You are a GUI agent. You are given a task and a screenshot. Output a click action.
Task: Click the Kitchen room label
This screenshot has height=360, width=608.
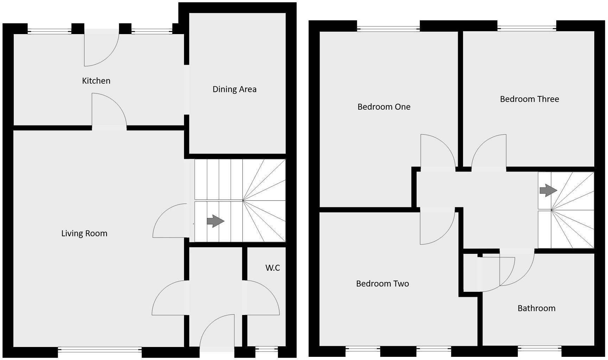[96, 81]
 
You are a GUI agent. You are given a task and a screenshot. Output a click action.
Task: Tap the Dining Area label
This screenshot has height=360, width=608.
[234, 89]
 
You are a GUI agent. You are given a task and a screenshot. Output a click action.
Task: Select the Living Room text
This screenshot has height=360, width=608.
[84, 233]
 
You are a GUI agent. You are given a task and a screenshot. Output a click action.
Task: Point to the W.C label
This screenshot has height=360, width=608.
[273, 268]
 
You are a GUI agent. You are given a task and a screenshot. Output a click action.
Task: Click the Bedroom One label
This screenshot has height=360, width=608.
[384, 107]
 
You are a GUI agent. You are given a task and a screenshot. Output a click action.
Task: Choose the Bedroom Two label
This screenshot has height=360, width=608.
[382, 284]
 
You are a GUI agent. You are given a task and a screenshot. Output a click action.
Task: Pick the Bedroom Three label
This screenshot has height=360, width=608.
[529, 99]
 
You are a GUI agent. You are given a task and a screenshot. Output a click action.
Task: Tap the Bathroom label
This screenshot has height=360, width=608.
[536, 308]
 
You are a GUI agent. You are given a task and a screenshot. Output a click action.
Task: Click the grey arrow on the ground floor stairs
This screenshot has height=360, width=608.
[215, 221]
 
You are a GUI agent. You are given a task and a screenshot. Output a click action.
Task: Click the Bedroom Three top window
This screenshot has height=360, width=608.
[527, 26]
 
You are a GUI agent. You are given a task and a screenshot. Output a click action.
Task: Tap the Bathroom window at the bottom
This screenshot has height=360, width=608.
[539, 349]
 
